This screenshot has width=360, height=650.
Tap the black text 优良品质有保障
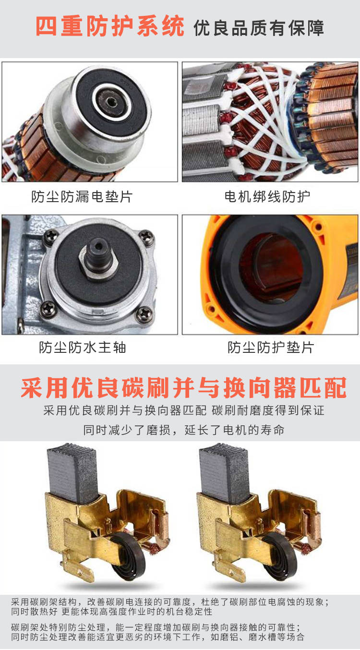[x=259, y=28]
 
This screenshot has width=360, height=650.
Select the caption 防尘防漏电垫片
[x=82, y=196]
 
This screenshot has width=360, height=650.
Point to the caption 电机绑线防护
[x=267, y=196]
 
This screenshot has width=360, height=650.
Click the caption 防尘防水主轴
[x=83, y=348]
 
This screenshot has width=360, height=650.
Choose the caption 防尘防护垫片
[x=271, y=348]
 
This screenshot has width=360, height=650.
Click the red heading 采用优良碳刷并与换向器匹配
[x=184, y=388]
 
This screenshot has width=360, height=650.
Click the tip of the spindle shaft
[x=98, y=247]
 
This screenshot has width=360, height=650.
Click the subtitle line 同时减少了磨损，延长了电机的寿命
[x=184, y=430]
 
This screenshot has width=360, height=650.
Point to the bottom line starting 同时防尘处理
[x=157, y=637]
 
